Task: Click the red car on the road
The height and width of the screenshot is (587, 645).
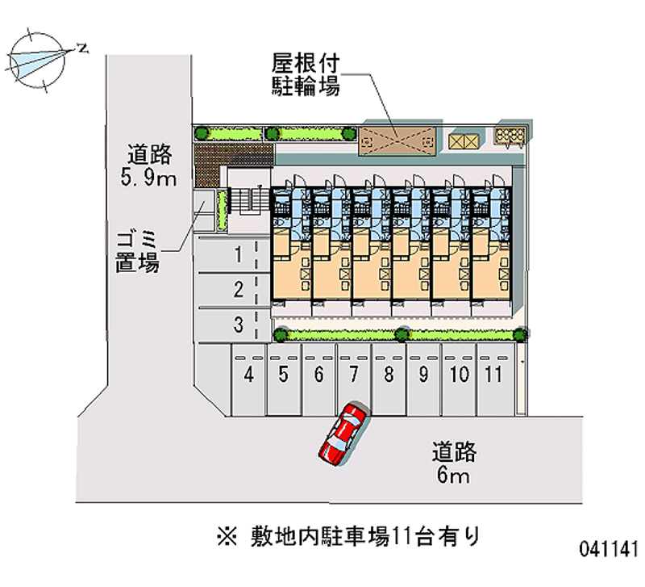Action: (344, 434)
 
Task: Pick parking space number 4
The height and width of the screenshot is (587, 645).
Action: (248, 379)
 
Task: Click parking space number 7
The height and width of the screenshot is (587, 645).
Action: (354, 379)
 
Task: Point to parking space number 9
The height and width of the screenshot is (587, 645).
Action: (424, 379)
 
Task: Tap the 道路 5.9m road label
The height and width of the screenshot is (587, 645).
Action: (149, 166)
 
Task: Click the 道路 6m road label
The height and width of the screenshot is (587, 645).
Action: (454, 463)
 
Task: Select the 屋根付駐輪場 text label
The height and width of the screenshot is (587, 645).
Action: (306, 74)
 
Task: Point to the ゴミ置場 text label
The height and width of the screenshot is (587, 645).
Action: (137, 252)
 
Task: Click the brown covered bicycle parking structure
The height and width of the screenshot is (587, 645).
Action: (397, 141)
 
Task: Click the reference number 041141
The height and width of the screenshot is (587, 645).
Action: (609, 549)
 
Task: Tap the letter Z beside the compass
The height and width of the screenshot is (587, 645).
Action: (84, 48)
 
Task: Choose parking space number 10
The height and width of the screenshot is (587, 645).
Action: (459, 379)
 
